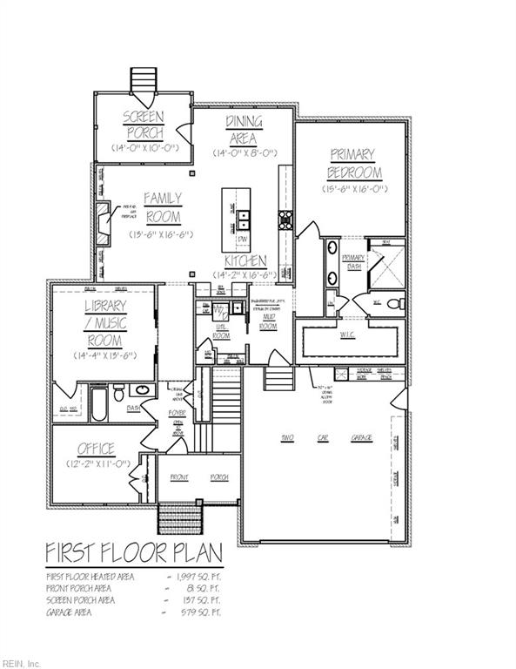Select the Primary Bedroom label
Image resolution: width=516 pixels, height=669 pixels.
[x=354, y=163]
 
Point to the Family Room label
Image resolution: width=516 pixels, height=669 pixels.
[x=162, y=207]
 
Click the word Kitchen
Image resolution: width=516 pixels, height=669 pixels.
[x=244, y=261]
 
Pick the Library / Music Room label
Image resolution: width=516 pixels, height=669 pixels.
[x=104, y=321]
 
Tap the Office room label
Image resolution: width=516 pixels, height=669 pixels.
[x=96, y=449]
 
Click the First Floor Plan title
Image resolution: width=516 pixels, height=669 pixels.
[x=134, y=553]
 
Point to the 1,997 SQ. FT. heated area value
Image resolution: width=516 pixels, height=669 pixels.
[x=202, y=577]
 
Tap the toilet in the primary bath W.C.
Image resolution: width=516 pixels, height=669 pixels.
[x=397, y=303]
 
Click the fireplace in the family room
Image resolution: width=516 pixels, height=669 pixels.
[x=103, y=221]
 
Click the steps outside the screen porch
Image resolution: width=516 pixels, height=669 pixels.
[x=142, y=80]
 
